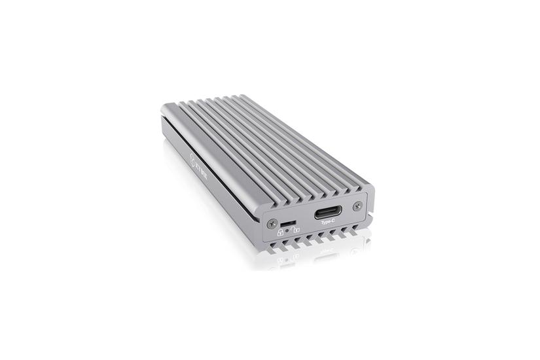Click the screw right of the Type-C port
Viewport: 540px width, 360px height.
(357, 206)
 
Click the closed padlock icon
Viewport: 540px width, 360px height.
(280, 232)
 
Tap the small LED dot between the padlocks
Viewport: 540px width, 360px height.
(288, 231)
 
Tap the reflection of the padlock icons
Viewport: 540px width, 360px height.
(288, 259)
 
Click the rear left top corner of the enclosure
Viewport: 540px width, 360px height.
(164, 105)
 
